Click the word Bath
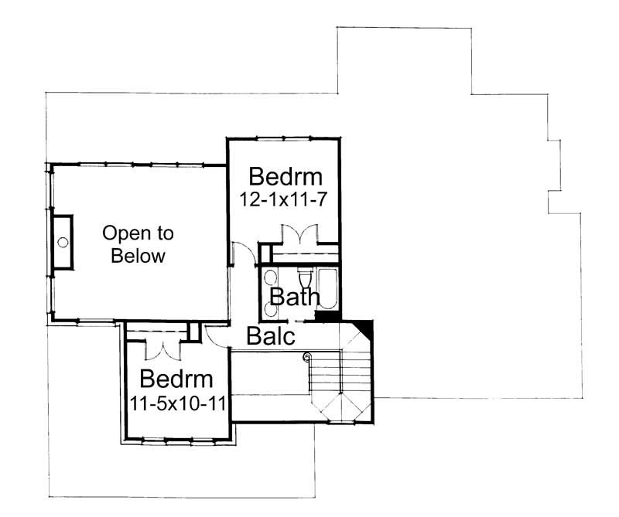pos(294,298)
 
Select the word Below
pos(138,256)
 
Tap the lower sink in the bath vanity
pos(270,308)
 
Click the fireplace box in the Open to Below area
pos(61,242)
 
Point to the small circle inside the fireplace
pos(60,243)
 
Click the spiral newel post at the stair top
pos(307,356)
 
